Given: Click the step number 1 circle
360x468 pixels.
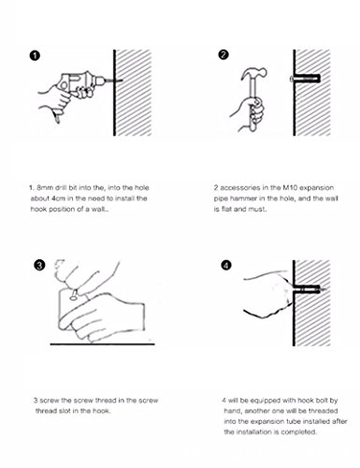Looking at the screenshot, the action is tap(35, 55).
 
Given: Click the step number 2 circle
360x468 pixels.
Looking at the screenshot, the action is tap(223, 55).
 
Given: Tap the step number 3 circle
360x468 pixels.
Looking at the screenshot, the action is tap(39, 266).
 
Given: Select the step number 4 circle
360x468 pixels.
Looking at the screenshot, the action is tap(226, 266).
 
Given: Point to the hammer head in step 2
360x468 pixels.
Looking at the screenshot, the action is tap(253, 74).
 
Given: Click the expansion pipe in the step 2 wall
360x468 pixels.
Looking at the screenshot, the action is tap(305, 79).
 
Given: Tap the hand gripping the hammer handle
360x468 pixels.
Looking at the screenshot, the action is tap(249, 114).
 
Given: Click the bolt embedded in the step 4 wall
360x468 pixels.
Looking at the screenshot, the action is tap(310, 290).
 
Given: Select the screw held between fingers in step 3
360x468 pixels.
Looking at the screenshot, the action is tap(74, 295).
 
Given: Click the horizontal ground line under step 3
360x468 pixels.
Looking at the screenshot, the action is tap(102, 344).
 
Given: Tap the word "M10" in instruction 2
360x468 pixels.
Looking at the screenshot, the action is tap(290, 188).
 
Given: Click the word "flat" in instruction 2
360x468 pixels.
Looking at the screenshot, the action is tap(226, 209).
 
